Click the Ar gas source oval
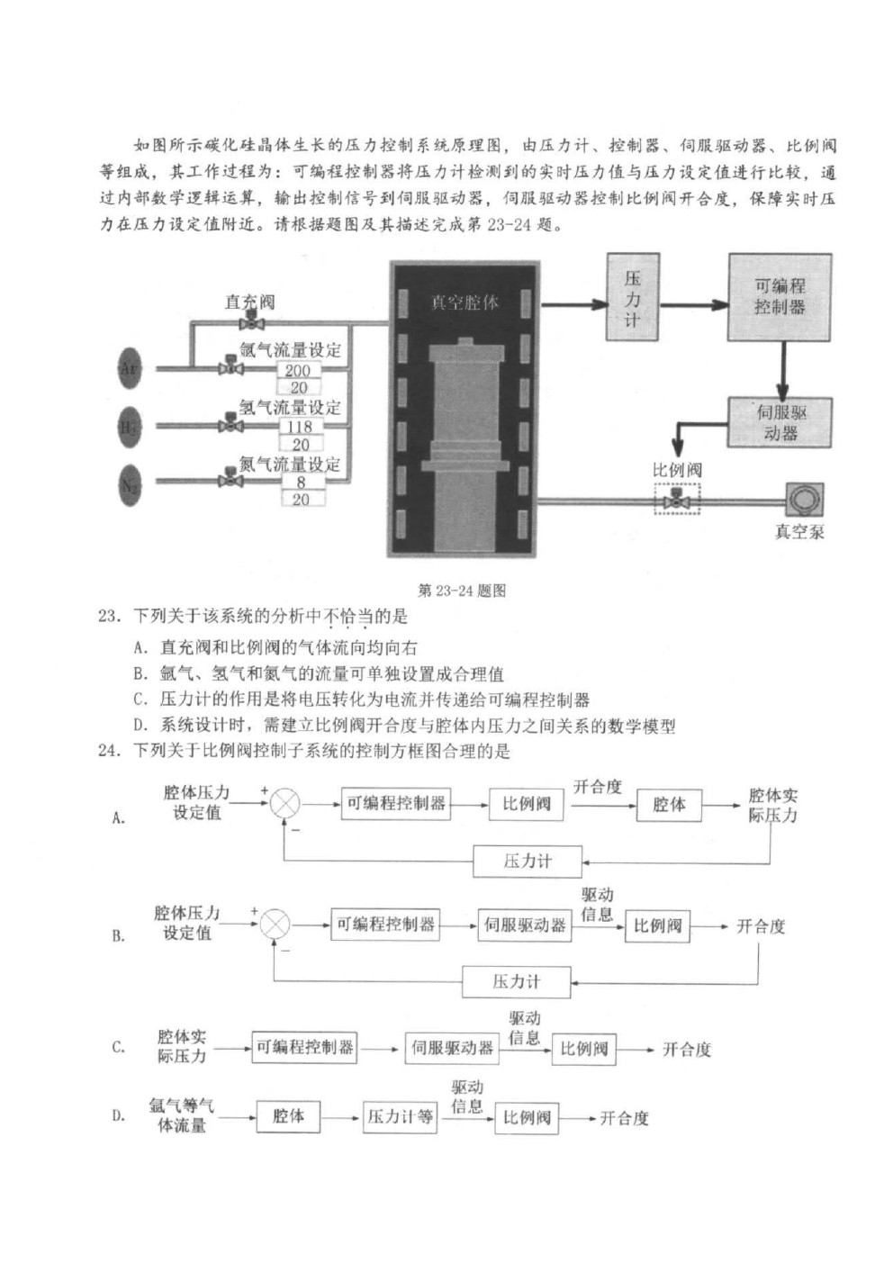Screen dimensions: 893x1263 click(129, 368)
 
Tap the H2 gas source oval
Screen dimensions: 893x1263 click(129, 427)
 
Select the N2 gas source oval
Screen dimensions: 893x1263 click(129, 484)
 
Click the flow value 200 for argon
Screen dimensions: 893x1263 click(298, 371)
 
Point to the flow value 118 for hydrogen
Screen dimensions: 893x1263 click(300, 427)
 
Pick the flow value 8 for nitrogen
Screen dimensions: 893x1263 click(301, 483)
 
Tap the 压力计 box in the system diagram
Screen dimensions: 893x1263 click(633, 296)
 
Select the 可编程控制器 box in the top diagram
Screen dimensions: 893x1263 click(780, 296)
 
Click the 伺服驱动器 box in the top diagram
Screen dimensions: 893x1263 click(780, 422)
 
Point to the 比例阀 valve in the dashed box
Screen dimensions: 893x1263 click(676, 500)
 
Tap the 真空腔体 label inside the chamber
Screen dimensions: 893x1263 click(464, 302)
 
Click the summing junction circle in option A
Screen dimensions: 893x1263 click(284, 804)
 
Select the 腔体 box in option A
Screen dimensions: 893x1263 click(669, 805)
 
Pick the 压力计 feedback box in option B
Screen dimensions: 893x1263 click(516, 981)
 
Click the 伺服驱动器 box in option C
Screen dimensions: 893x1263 click(452, 1048)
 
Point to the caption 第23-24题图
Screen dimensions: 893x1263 click(462, 591)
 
